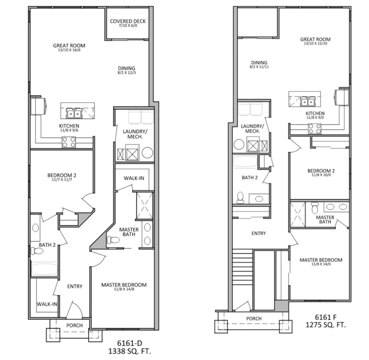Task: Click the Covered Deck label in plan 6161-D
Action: point(128,21)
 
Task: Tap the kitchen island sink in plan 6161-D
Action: point(75,114)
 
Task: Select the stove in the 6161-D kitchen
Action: point(69,143)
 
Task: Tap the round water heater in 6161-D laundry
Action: point(147,153)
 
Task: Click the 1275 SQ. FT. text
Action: point(325,325)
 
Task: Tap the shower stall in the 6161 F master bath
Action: point(297,214)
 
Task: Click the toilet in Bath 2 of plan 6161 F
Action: point(240,197)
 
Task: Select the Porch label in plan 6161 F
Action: point(254,319)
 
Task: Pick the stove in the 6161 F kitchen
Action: point(314,128)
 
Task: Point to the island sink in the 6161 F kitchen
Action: point(307,102)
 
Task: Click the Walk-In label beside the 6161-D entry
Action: point(47,304)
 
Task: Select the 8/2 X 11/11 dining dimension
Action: point(259,67)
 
